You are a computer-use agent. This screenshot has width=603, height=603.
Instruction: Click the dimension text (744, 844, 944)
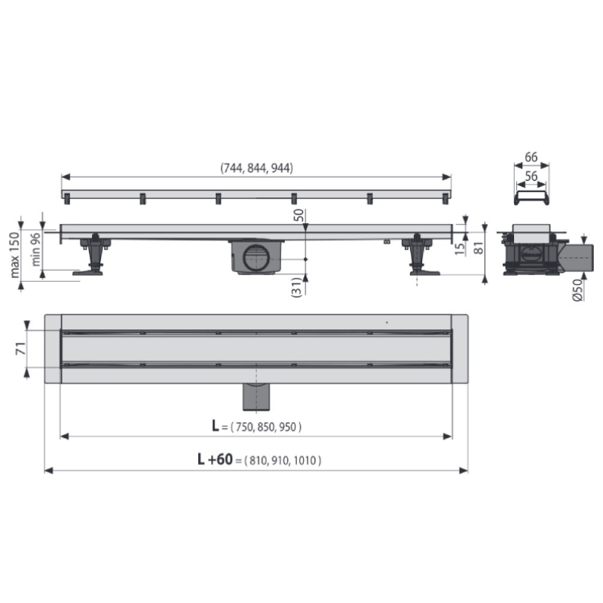click(x=256, y=168)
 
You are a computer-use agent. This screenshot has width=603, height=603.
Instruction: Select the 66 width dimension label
click(x=531, y=157)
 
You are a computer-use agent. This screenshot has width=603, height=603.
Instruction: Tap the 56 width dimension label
click(x=531, y=176)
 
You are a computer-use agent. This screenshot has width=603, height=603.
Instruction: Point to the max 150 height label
click(x=14, y=255)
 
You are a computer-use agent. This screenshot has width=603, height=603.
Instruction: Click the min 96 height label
click(x=35, y=249)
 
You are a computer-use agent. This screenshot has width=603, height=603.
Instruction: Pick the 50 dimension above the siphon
click(x=298, y=215)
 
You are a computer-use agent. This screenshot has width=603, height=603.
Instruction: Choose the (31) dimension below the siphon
click(x=297, y=287)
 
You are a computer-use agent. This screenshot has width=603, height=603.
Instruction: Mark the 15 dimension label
click(x=460, y=249)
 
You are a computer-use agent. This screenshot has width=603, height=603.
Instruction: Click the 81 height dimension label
click(x=479, y=249)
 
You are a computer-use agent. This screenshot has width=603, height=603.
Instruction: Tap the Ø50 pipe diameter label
click(x=577, y=290)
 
